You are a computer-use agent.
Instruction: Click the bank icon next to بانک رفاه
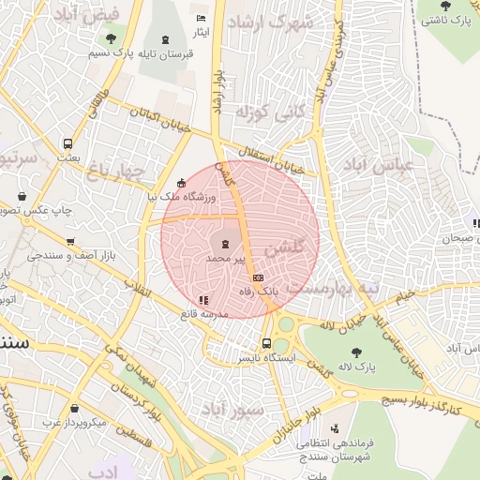pyautogui.click(x=258, y=278)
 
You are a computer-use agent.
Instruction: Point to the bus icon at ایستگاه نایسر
pyautogui.click(x=267, y=343)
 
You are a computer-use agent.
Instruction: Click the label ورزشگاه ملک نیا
pyautogui.click(x=180, y=198)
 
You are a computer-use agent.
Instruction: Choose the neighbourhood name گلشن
pyautogui.click(x=284, y=248)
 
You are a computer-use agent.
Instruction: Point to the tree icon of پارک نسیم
pyautogui.click(x=112, y=38)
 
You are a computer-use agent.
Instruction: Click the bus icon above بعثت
pyautogui.click(x=67, y=143)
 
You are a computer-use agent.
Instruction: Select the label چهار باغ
pyautogui.click(x=118, y=171)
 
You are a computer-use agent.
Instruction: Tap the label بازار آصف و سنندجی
pyautogui.click(x=70, y=255)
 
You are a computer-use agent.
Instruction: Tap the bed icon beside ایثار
pyautogui.click(x=199, y=19)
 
